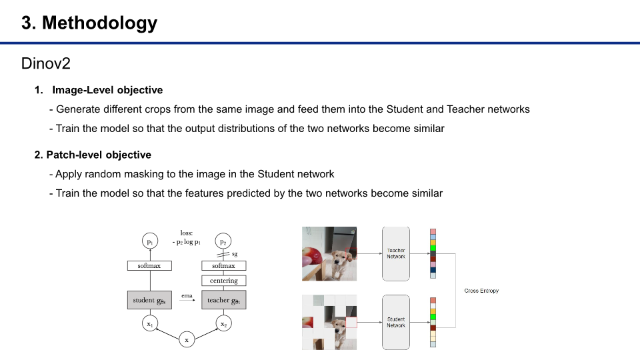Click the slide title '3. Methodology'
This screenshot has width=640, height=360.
pos(89,23)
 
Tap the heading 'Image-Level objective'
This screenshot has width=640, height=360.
pos(107,90)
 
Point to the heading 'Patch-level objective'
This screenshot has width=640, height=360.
pos(99,155)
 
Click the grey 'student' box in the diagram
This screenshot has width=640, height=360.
pos(149,300)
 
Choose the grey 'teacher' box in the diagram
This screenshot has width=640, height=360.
pos(223,300)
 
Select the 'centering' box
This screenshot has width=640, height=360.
pos(223,281)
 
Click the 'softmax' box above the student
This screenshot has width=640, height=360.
pos(149,266)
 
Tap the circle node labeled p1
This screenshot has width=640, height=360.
pos(149,242)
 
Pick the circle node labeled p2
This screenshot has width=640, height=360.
pos(223,242)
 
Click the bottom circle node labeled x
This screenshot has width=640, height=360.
pos(187,340)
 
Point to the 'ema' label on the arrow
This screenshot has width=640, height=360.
pos(187,295)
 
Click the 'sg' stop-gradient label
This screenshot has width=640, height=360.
pos(235,254)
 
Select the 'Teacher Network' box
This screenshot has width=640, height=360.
pos(396,253)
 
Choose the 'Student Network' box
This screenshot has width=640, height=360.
pos(396,322)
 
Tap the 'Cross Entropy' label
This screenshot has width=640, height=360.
pos(481,291)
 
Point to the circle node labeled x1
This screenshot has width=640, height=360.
pos(149,323)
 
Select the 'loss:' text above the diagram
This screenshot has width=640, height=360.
pos(187,233)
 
